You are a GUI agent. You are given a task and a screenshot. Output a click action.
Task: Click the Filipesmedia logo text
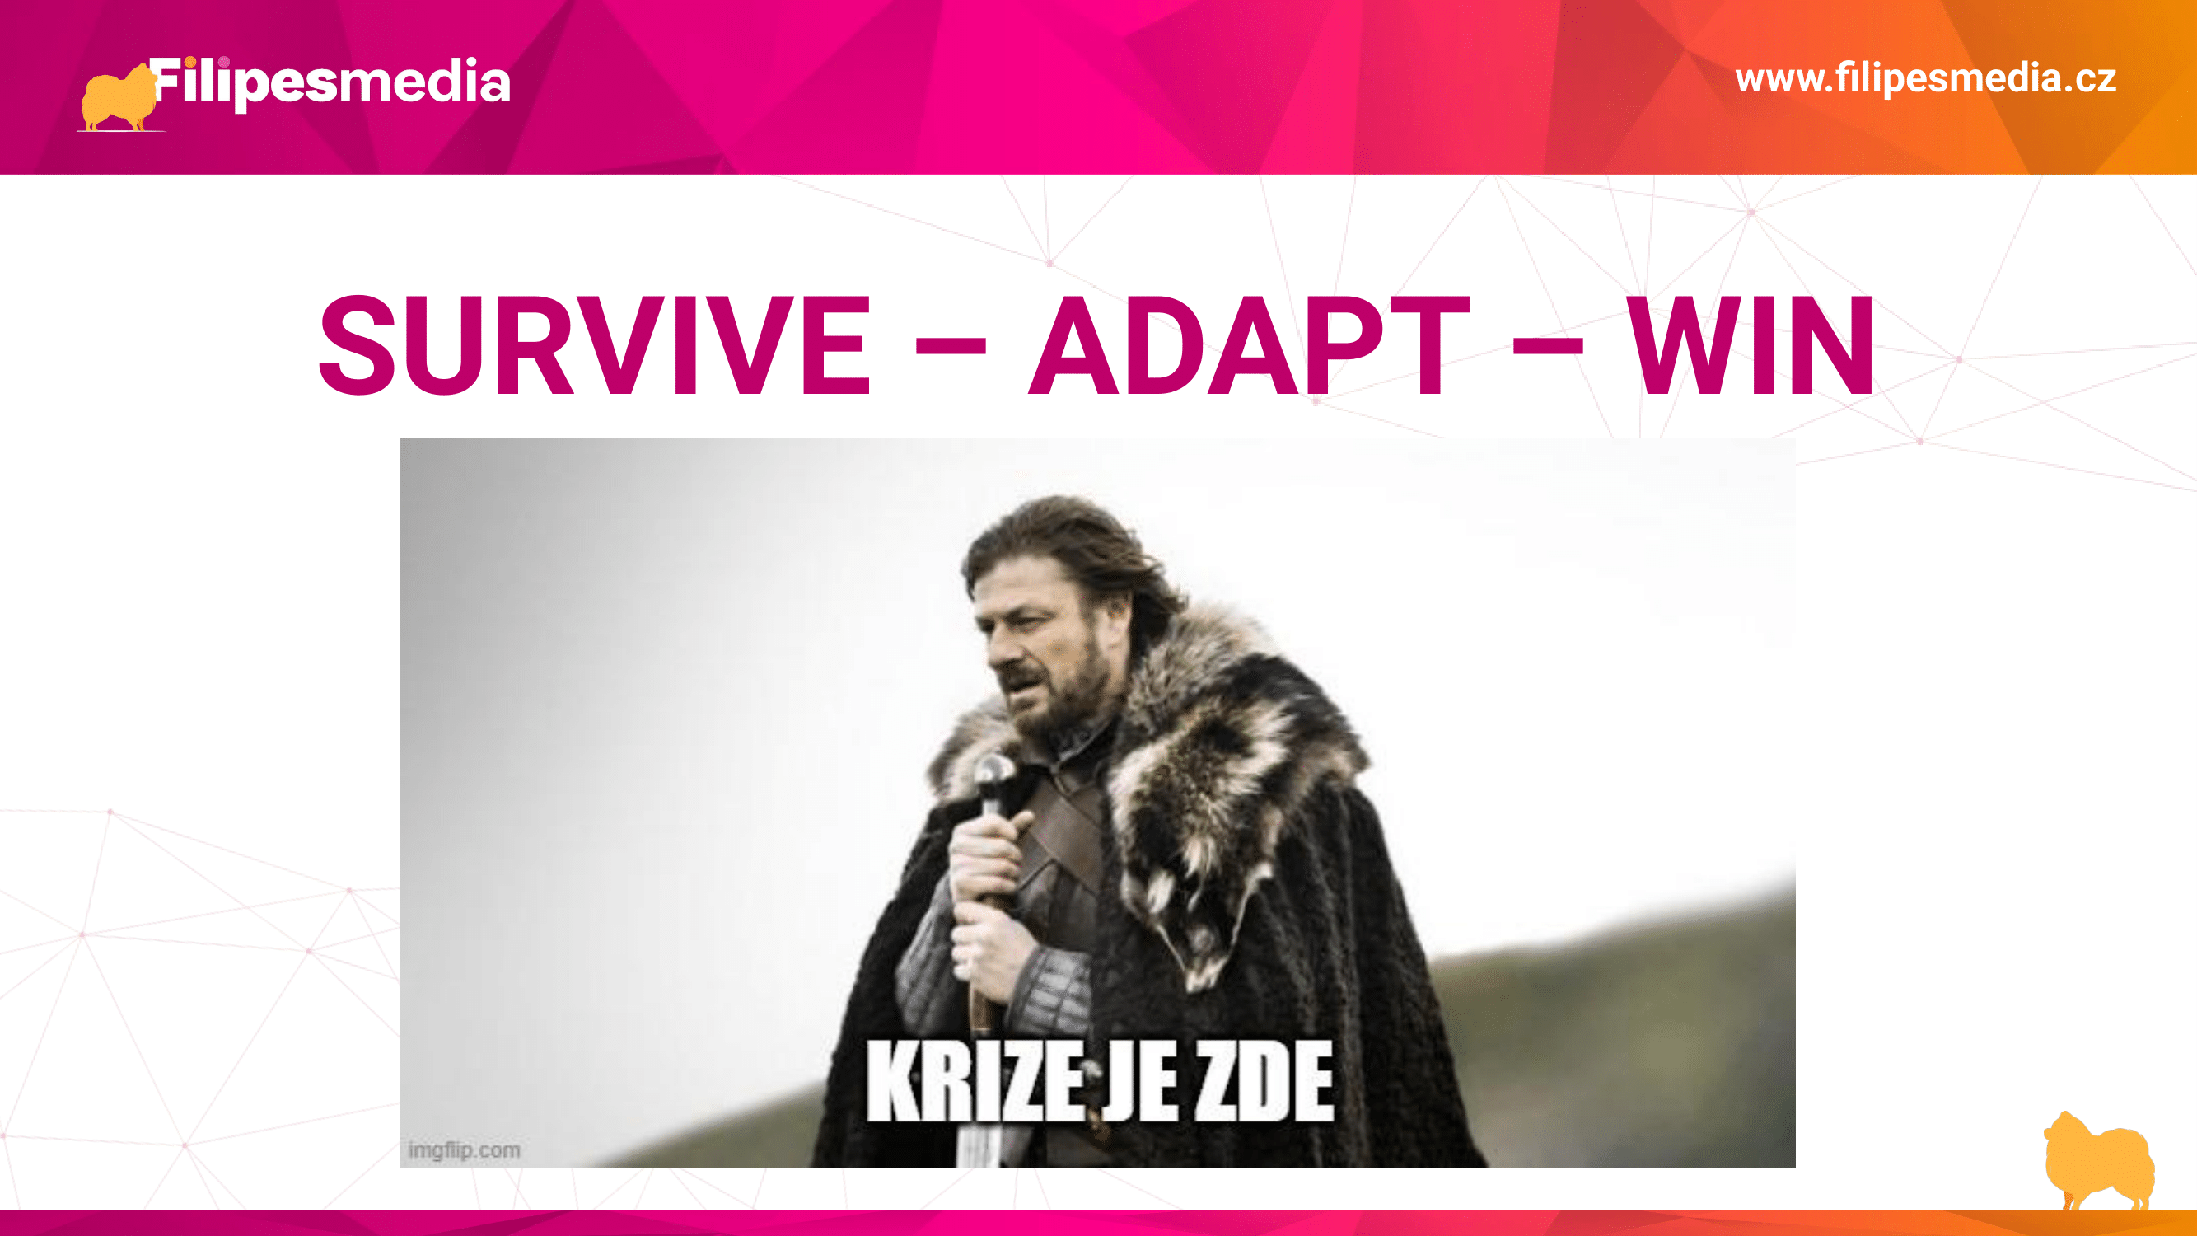(331, 82)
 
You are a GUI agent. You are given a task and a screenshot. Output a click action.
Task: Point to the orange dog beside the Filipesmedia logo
(118, 98)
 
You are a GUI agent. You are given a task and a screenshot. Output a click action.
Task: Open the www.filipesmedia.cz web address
(1926, 78)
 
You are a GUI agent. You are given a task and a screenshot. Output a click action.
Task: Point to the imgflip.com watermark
(464, 1149)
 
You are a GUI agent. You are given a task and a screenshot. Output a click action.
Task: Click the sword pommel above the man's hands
(993, 775)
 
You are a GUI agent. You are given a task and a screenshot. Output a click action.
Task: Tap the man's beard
(1066, 691)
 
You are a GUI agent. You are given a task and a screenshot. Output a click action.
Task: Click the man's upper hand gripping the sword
(989, 853)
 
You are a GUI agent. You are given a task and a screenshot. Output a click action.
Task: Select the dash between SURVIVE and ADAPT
(950, 347)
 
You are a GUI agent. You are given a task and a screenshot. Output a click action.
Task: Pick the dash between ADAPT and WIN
(1548, 347)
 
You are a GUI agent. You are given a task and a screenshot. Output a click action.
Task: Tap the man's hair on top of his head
(1058, 533)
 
